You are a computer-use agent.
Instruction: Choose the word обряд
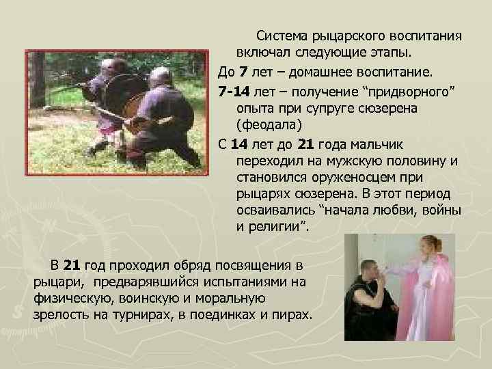pos(183,264)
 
